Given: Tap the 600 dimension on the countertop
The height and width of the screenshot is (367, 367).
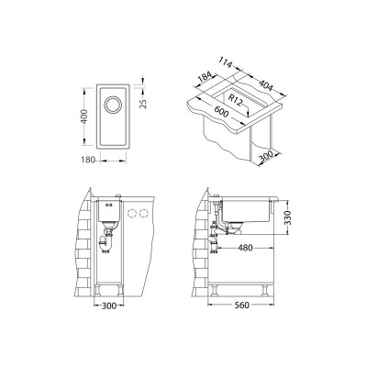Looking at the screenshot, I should pos(221,114).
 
